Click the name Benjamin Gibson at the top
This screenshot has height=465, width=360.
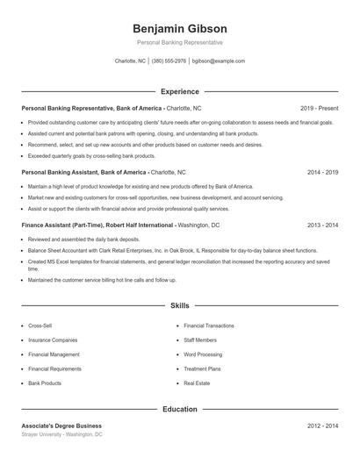180,28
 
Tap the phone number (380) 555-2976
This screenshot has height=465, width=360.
169,61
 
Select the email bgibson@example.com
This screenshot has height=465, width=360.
219,61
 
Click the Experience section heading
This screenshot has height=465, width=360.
180,91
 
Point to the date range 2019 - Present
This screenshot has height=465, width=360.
319,108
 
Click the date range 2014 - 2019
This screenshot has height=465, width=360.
322,172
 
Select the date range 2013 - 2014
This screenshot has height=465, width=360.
322,225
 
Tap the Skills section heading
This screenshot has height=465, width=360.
180,306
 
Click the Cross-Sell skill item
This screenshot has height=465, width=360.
40,325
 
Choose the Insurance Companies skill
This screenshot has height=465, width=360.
53,340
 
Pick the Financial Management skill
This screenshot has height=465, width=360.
54,354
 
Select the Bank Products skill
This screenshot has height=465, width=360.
45,383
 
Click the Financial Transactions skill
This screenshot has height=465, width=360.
209,325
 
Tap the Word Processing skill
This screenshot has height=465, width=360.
203,354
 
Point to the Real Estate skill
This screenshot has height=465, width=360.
197,383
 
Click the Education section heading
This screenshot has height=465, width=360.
180,409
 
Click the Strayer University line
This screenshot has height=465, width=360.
62,434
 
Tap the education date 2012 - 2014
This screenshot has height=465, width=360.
322,426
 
